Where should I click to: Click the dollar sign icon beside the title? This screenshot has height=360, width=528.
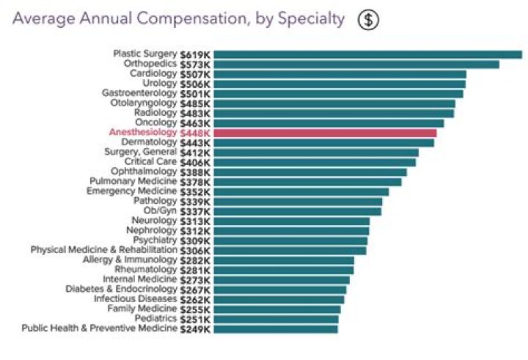pos(367,20)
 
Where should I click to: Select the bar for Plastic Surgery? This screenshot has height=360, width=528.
pos(367,54)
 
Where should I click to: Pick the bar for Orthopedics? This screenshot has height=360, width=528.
pos(356,64)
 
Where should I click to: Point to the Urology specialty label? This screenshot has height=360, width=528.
pos(159,84)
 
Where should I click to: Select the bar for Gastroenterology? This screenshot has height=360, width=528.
pos(338,93)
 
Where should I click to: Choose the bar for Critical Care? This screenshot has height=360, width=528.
pos(315,162)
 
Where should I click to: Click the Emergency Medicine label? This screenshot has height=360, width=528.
pos(132,191)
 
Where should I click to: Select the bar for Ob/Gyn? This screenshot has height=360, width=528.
pos(297,211)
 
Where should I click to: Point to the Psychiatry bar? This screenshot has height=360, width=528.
pos(290,240)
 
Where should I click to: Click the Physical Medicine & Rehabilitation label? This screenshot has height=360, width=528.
pos(103,250)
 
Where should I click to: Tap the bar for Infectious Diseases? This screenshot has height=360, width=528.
pos(279,299)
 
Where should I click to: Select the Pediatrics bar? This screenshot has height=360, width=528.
pos(276,319)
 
